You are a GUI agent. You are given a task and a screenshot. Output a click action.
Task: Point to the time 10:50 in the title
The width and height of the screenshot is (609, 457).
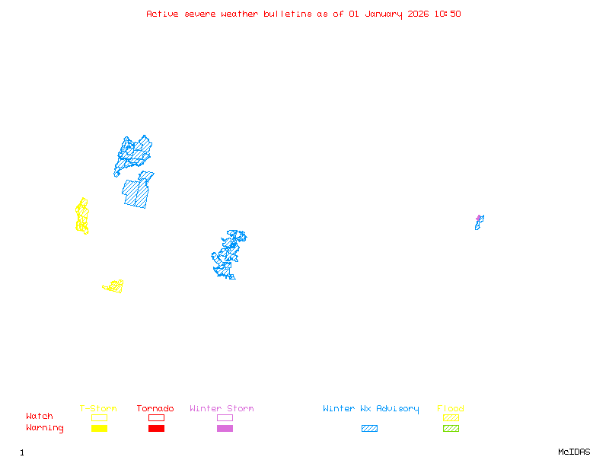(x=448, y=14)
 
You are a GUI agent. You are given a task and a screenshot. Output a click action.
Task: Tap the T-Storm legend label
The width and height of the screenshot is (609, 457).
(x=98, y=409)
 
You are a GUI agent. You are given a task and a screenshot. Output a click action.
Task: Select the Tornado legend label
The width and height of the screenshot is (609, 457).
(x=155, y=409)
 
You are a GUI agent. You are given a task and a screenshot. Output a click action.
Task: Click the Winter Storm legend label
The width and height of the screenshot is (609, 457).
(x=222, y=409)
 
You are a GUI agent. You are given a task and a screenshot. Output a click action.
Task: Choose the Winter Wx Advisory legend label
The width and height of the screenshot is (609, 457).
(x=371, y=409)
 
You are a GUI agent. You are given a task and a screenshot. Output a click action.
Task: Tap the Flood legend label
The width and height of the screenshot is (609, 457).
(x=451, y=409)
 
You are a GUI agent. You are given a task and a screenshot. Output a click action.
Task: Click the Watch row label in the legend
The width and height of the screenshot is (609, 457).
(x=40, y=417)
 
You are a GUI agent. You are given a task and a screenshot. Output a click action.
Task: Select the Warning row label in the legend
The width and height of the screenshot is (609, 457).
(x=45, y=428)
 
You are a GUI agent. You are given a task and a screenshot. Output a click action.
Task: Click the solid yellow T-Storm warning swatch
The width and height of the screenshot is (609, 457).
(x=99, y=428)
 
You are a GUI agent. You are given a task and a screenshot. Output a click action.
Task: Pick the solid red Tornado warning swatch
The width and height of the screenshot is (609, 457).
(x=156, y=428)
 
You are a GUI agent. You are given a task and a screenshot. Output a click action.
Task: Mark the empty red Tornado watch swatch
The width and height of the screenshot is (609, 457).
(x=156, y=417)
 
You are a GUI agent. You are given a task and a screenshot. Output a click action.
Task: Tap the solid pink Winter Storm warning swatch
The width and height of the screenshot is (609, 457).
(x=225, y=428)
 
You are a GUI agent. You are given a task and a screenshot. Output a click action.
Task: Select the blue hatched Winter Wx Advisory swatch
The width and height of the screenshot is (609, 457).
(x=369, y=428)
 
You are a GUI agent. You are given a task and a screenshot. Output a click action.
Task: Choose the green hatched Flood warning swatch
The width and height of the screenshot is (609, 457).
(x=451, y=428)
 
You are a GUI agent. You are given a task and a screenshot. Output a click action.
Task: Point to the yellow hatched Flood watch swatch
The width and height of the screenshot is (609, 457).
(x=451, y=417)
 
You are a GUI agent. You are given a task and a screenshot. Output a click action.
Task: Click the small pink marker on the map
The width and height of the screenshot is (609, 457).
(x=479, y=218)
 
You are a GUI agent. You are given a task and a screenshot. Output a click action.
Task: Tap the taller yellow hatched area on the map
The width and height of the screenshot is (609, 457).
(x=82, y=216)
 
